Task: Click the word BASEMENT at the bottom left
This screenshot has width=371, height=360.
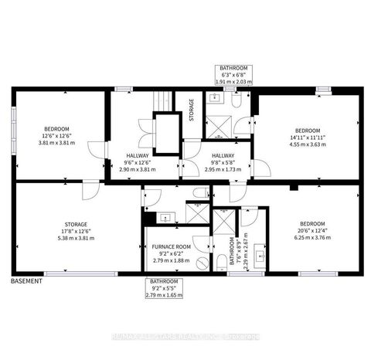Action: point(27,281)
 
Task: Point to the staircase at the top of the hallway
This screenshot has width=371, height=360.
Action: point(162,101)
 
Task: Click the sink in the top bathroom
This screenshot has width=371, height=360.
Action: point(214,98)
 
